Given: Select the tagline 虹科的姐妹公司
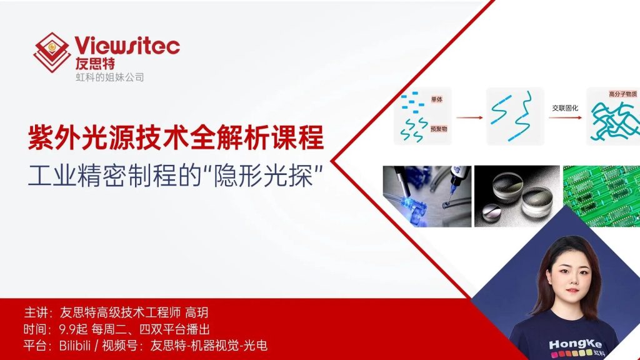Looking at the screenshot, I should click(x=109, y=77).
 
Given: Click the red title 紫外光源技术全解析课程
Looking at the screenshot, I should click(x=176, y=137).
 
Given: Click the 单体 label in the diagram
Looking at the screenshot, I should click(x=437, y=100).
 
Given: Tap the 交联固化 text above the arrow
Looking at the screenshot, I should click(x=564, y=107).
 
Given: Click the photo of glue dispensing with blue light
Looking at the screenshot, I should click(x=426, y=196).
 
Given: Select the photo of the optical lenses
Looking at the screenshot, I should click(x=516, y=196).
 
